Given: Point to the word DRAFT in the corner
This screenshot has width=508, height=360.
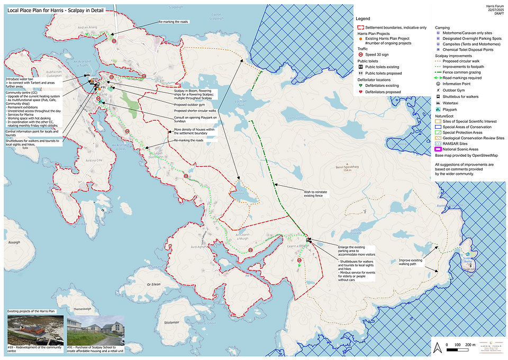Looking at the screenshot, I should [x=497, y=15].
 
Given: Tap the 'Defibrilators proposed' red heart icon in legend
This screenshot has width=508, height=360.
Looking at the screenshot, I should [x=360, y=92].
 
